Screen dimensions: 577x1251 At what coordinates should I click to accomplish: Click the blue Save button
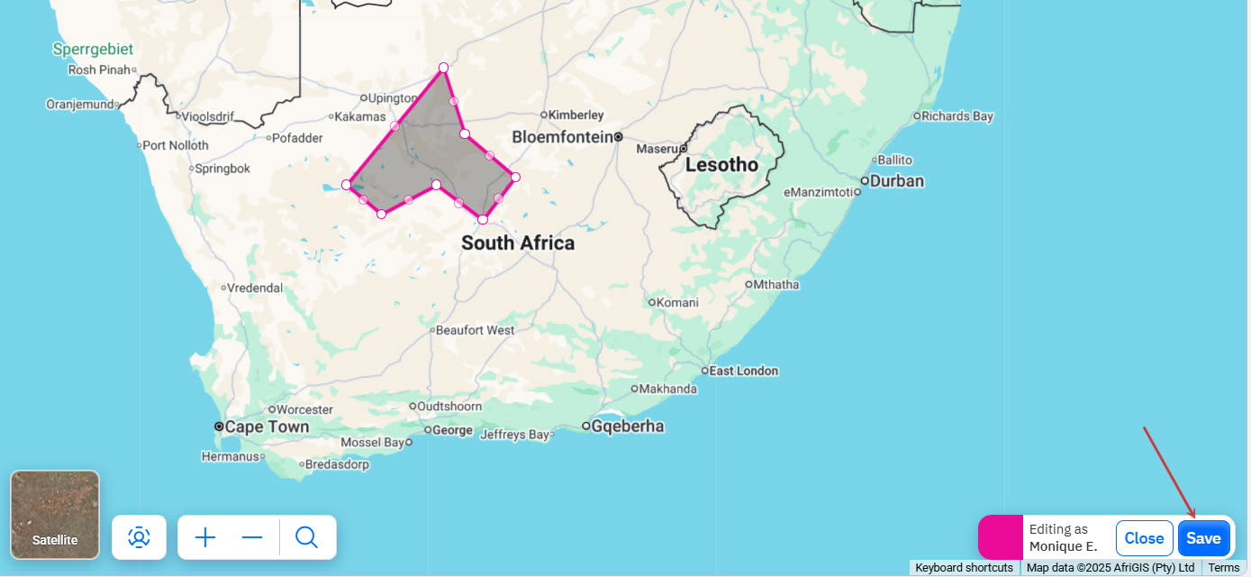(x=1203, y=538)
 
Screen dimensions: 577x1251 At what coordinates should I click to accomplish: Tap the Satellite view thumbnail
(x=55, y=514)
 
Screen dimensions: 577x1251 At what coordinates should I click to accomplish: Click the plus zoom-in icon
(x=205, y=538)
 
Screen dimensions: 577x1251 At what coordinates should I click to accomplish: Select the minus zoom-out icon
(x=252, y=538)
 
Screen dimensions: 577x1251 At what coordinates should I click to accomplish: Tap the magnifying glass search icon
(x=306, y=538)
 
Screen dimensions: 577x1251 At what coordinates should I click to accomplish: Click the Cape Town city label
(x=267, y=426)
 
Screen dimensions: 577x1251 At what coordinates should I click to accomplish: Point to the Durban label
(x=897, y=180)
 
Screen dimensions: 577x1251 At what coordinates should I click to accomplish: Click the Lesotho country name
(x=721, y=165)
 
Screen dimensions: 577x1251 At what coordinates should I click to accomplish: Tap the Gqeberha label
(x=628, y=426)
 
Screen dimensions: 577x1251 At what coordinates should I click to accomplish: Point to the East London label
(x=743, y=371)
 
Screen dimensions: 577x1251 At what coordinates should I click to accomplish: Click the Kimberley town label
(x=576, y=114)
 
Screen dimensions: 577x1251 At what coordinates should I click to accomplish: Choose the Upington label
(x=394, y=97)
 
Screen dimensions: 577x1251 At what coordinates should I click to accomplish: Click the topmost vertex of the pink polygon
(x=443, y=68)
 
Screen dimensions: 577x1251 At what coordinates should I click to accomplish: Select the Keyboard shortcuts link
(x=964, y=568)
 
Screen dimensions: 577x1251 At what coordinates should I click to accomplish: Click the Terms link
(x=1224, y=568)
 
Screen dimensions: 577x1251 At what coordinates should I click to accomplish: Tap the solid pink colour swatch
(x=1001, y=537)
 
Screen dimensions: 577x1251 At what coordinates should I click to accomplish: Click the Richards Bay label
(x=957, y=115)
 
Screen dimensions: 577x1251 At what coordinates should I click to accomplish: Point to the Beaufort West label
(x=476, y=330)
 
